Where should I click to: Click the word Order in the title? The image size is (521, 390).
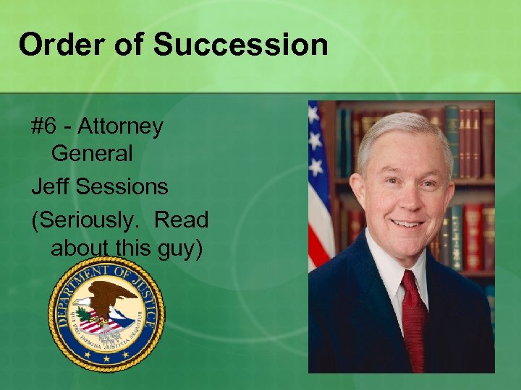tap(60, 45)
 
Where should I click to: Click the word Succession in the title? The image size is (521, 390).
tap(241, 45)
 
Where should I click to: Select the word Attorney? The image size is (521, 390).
tap(120, 127)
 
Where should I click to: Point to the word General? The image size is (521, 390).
tap(92, 153)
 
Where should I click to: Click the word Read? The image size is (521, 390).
tap(181, 219)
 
